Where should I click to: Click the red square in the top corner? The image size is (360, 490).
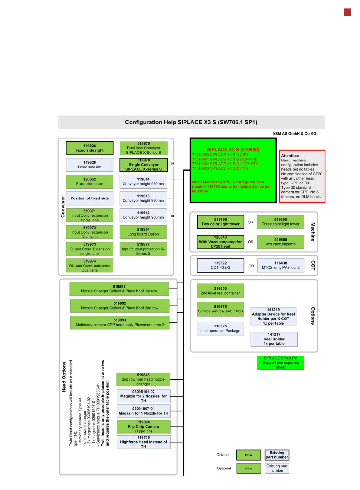pyautogui.click(x=347, y=12)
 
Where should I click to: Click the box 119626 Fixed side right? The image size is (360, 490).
pyautogui.click(x=90, y=148)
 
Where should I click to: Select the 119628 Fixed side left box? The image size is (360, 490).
pyautogui.click(x=90, y=165)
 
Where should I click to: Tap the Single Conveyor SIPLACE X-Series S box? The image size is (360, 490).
pyautogui.click(x=143, y=165)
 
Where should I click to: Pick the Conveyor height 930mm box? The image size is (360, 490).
pyautogui.click(x=143, y=198)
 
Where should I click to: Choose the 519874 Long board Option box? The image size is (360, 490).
pyautogui.click(x=143, y=232)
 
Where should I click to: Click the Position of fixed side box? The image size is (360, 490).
pyautogui.click(x=90, y=198)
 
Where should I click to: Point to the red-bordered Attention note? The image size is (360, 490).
pyautogui.click(x=302, y=176)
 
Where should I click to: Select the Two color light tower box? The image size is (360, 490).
pyautogui.click(x=220, y=222)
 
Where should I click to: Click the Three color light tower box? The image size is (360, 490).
pyautogui.click(x=280, y=222)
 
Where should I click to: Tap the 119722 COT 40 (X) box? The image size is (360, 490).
pyautogui.click(x=220, y=265)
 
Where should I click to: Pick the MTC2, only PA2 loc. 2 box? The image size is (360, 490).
pyautogui.click(x=280, y=265)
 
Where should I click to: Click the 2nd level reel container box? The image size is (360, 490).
pyautogui.click(x=220, y=291)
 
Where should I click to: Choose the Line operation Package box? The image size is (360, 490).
pyautogui.click(x=220, y=329)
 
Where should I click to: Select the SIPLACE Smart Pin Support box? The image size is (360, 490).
pyautogui.click(x=280, y=362)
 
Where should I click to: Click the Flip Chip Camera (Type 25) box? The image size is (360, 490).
pyautogui.click(x=143, y=427)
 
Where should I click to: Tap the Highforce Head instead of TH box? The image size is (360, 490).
pyautogui.click(x=143, y=442)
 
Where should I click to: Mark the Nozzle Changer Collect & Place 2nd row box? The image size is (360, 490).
pyautogui.click(x=119, y=306)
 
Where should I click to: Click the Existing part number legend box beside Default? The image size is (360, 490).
pyautogui.click(x=277, y=455)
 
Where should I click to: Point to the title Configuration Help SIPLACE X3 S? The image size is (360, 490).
pyautogui.click(x=191, y=122)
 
